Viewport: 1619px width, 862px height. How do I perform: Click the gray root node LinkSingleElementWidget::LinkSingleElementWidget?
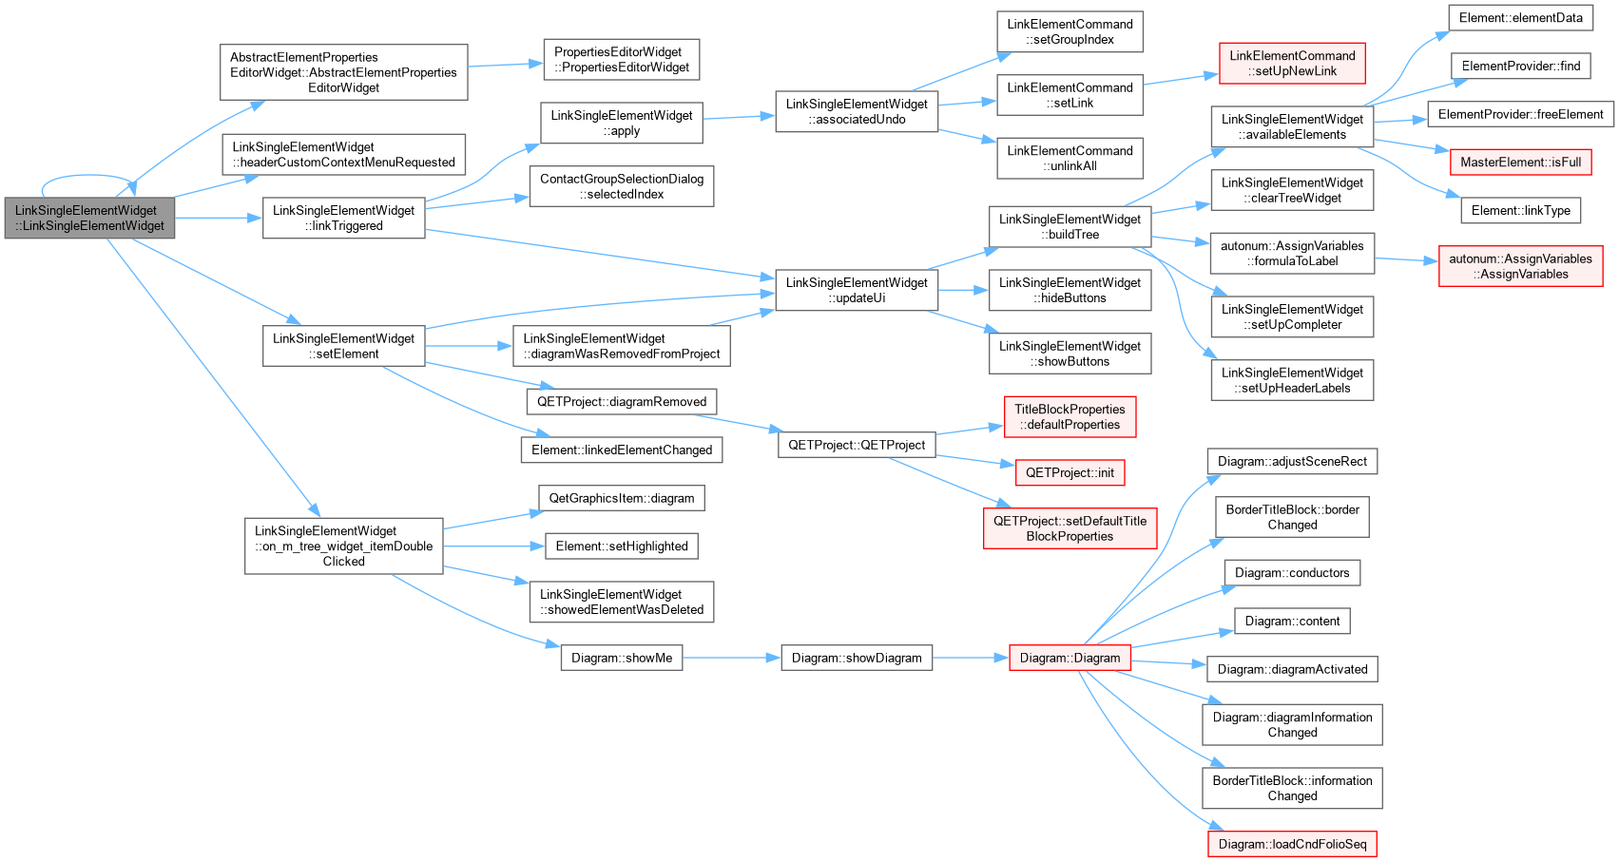[x=89, y=218]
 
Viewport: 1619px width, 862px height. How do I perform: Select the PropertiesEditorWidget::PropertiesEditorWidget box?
[x=622, y=59]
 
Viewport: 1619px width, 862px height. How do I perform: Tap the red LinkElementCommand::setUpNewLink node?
[x=1292, y=63]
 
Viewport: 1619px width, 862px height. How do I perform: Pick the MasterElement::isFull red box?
[x=1521, y=162]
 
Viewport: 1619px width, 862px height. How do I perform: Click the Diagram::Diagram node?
[x=1070, y=658]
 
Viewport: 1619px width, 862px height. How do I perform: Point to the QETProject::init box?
[x=1070, y=472]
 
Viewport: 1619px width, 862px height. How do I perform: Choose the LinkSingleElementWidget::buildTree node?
[x=1070, y=226]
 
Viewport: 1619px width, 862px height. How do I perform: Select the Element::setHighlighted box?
[x=622, y=546]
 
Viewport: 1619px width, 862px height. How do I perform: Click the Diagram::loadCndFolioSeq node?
[x=1292, y=844]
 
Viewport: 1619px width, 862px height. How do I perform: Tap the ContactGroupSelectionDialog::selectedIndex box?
[x=622, y=185]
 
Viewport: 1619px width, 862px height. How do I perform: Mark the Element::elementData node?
[x=1521, y=17]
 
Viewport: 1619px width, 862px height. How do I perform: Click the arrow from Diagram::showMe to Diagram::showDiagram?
[x=731, y=658]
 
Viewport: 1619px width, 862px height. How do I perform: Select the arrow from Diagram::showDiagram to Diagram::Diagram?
[x=971, y=658]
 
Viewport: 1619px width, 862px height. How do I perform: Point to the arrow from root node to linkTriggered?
[x=219, y=218]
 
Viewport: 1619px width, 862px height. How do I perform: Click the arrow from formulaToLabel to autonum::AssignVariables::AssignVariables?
[x=1406, y=259]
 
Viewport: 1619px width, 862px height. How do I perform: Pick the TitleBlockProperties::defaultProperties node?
[x=1070, y=416]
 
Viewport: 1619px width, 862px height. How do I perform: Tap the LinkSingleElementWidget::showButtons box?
[x=1070, y=354]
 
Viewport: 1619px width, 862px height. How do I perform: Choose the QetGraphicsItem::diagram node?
[x=622, y=498]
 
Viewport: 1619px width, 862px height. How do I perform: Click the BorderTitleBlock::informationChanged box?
[x=1292, y=788]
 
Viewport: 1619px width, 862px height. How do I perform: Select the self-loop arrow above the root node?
[x=87, y=176]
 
